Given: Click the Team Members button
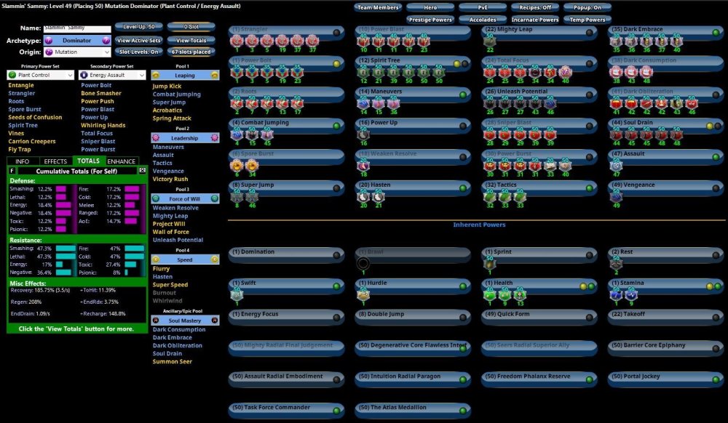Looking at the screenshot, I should click(379, 7).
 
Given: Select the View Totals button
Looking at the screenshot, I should click(191, 41).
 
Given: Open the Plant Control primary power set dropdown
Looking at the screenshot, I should click(41, 75).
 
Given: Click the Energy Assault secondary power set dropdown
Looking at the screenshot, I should click(112, 75).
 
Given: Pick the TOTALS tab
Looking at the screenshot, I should click(88, 161).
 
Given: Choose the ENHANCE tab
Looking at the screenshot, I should click(122, 161).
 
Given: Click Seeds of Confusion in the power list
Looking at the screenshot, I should click(35, 118).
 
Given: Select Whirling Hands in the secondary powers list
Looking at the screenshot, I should click(103, 126).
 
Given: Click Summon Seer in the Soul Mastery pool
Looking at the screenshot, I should click(172, 361).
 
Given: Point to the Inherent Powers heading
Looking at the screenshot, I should click(479, 225).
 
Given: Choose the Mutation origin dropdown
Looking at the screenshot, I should click(76, 52).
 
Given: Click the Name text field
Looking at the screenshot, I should click(76, 28).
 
